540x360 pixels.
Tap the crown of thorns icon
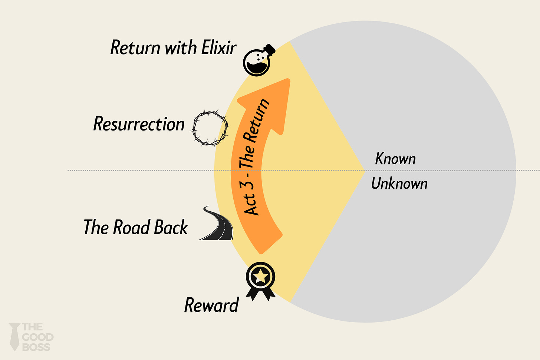pos(210,128)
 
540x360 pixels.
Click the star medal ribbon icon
pos(261,280)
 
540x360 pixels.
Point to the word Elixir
pos(219,48)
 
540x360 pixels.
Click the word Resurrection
pos(139,124)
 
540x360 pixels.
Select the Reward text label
pos(211,305)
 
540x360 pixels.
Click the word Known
pos(395,159)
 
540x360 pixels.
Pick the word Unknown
pos(399,184)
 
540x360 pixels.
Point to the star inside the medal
pos(261,276)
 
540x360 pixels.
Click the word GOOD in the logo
pos(38,337)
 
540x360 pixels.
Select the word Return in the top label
pos(135,48)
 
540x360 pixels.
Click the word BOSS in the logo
pos(36,347)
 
